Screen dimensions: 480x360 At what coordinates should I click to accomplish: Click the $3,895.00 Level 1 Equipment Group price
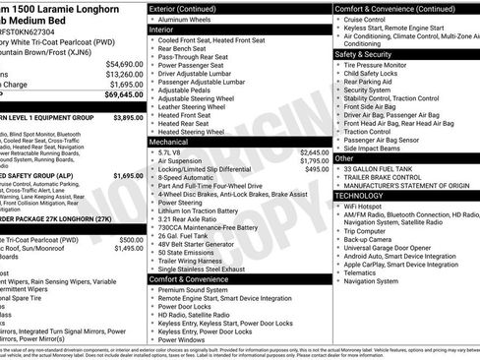(x=128, y=117)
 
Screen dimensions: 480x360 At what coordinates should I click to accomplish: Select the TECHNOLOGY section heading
(x=360, y=196)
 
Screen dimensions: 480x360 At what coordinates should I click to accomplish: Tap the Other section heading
(x=344, y=157)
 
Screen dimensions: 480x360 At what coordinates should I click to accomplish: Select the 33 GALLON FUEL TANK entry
(x=390, y=168)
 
